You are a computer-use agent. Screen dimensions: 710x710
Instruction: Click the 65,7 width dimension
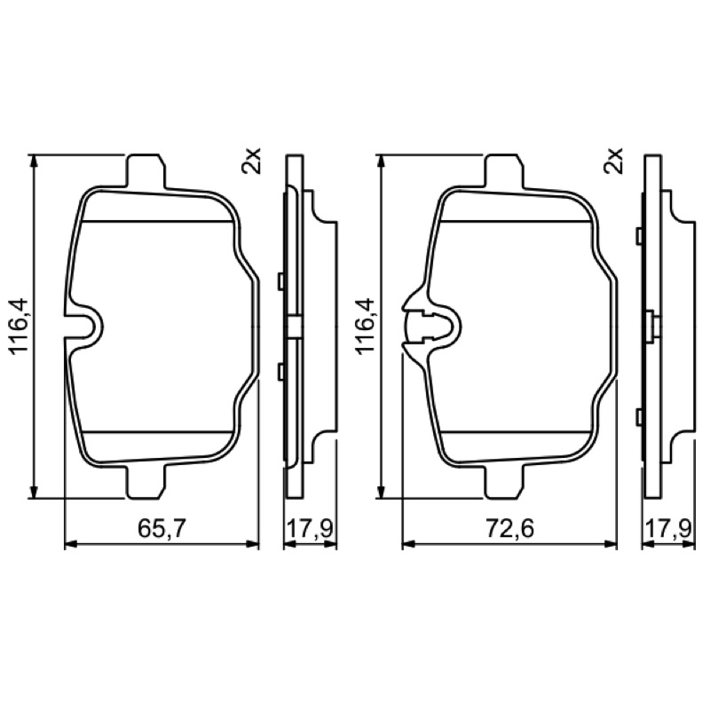tap(162, 528)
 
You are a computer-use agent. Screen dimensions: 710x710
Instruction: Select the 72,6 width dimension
tap(509, 528)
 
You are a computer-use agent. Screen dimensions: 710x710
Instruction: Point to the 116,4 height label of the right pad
tap(367, 325)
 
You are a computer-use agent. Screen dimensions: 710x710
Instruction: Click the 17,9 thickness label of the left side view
tap(311, 528)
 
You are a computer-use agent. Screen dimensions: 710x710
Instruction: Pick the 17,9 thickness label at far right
tap(669, 528)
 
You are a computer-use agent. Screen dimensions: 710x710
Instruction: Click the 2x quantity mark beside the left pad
tap(252, 161)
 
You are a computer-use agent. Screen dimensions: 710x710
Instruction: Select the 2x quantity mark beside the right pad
tap(613, 161)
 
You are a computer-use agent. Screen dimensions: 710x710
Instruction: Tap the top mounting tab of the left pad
tap(146, 171)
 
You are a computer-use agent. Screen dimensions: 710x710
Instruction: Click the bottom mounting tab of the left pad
tap(146, 481)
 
